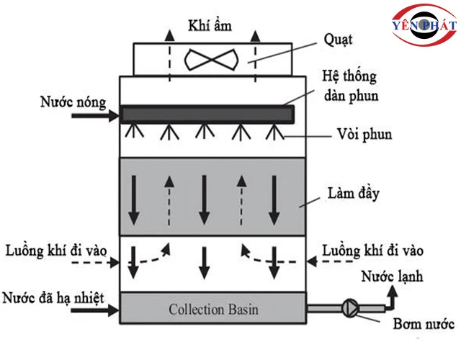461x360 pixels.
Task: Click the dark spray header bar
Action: (208, 114)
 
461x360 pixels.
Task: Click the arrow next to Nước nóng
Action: (109, 114)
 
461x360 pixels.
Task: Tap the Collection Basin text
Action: (213, 310)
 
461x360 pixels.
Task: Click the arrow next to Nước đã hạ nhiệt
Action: (110, 311)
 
